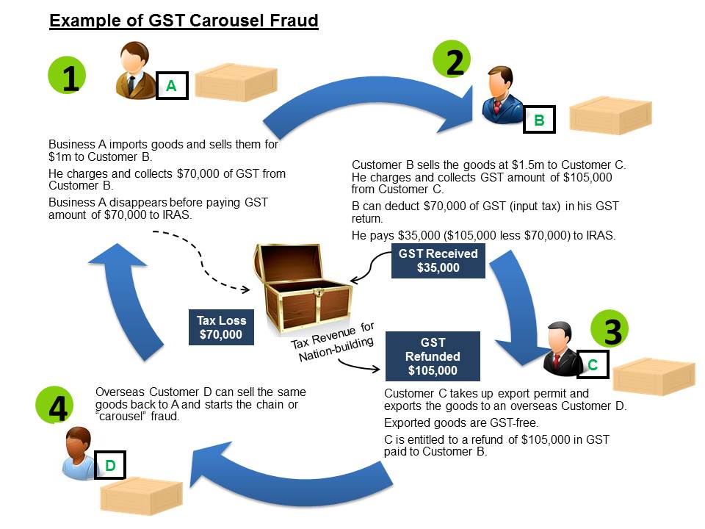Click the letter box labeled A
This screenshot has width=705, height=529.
[x=171, y=86]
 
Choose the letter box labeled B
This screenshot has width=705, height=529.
[x=539, y=120]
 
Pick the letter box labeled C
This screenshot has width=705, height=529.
[x=593, y=364]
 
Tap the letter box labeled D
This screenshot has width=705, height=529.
[x=109, y=465]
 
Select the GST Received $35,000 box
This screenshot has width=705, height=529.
[x=438, y=261]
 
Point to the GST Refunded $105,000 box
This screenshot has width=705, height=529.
[x=433, y=356]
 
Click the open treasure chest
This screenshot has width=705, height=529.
[x=301, y=287]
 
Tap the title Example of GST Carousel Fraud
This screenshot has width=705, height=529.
[x=184, y=21]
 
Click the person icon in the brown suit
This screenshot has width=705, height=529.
[x=137, y=71]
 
